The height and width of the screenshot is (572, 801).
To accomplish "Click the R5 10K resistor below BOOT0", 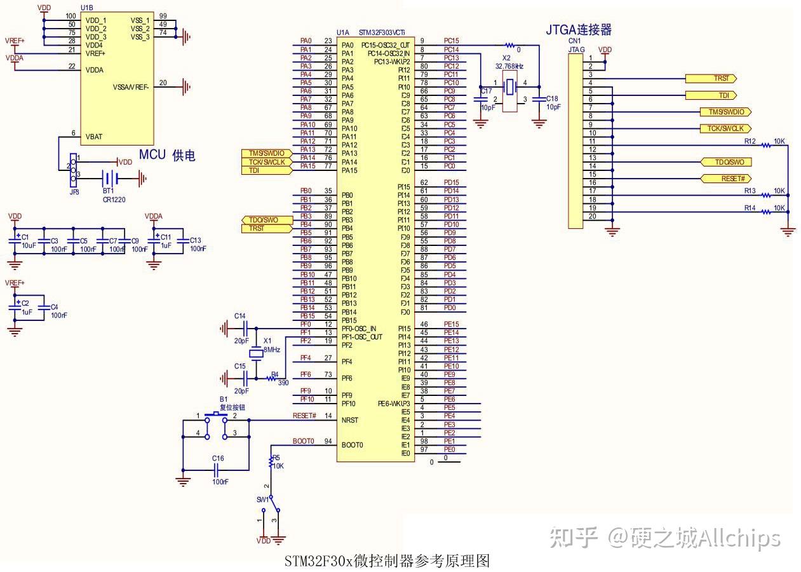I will click(x=272, y=461).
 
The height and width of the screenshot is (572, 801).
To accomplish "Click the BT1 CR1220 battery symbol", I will click(x=110, y=179).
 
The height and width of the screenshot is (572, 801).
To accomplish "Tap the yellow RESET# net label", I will click(x=726, y=179).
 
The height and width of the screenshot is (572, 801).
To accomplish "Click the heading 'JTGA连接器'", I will click(x=578, y=29).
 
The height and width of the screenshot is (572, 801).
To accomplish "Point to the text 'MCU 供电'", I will click(x=166, y=155).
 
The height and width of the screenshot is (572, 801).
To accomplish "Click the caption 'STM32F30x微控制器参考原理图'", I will click(x=387, y=561).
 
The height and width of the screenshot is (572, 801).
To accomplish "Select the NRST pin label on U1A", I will click(x=350, y=420).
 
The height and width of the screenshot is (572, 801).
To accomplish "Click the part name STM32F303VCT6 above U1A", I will click(x=382, y=32).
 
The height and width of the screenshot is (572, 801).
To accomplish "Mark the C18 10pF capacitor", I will click(x=539, y=99).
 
